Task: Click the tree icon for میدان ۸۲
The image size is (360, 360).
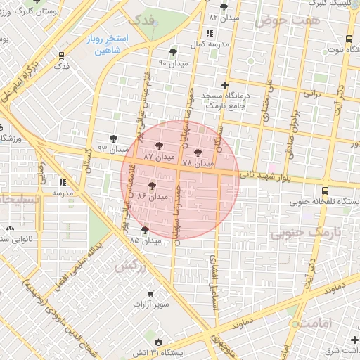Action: [224, 7]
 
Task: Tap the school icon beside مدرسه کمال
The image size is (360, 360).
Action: [210, 33]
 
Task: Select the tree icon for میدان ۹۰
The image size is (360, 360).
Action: [173, 52]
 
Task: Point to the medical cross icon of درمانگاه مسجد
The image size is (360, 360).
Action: [225, 85]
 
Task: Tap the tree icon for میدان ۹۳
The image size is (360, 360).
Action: [114, 139]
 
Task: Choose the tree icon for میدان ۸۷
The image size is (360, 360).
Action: [158, 146]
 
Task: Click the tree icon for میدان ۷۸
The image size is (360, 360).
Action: [198, 153]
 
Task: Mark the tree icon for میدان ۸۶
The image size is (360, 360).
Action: [152, 185]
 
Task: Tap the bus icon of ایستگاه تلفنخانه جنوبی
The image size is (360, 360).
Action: [325, 191]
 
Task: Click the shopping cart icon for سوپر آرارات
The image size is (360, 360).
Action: [150, 294]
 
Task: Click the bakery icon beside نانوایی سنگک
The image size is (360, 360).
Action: [10, 228]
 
